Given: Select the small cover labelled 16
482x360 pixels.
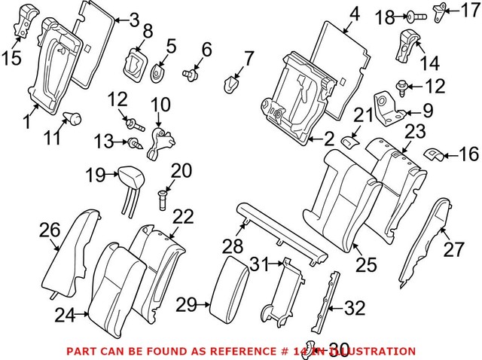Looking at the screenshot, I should coord(432,154).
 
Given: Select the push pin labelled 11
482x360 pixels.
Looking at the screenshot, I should coord(75,117).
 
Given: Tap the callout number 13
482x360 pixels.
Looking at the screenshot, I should coord(105,141).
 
